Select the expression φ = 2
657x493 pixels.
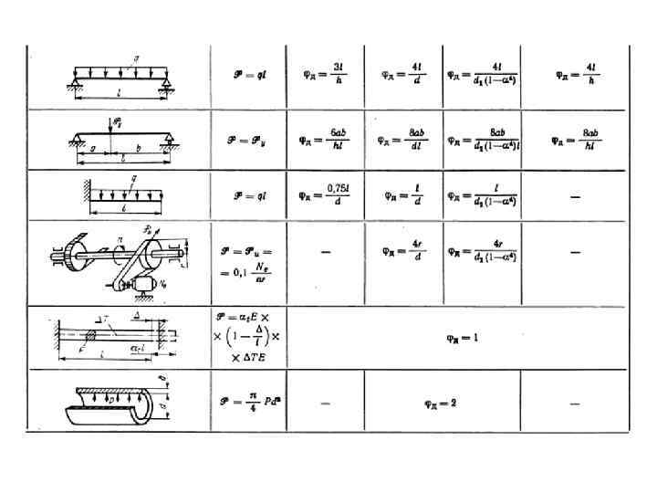point(443,401)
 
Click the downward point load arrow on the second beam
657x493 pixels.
point(109,129)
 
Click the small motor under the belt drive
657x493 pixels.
point(141,287)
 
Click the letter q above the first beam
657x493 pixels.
point(136,59)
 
